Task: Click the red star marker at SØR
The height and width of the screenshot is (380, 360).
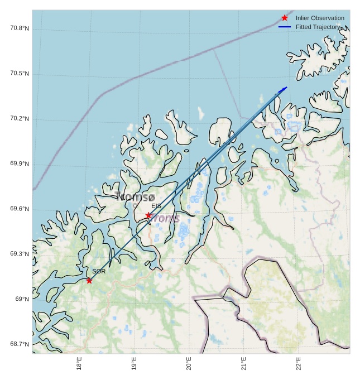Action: [x=89, y=280]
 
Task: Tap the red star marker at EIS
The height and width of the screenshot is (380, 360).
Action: [x=148, y=215]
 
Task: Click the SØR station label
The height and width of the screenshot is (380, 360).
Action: [x=99, y=271]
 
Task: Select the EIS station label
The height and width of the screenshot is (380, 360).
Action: [x=156, y=206]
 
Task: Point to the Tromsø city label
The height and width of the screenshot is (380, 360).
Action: [x=135, y=196]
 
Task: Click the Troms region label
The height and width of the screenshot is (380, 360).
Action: [x=164, y=218]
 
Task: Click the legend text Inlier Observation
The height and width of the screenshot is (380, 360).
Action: [x=320, y=18]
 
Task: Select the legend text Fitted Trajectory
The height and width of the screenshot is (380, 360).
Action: [x=318, y=27]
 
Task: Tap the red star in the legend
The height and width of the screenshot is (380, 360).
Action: [x=285, y=18]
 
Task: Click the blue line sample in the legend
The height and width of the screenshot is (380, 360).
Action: [x=285, y=27]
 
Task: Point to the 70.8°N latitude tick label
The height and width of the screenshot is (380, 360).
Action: [x=20, y=28]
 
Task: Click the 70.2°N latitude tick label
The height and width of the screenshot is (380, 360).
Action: [x=20, y=119]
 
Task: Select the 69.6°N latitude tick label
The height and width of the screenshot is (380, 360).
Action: [x=20, y=209]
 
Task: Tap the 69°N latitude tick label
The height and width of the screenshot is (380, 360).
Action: [x=22, y=300]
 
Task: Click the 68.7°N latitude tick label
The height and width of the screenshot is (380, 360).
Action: [x=20, y=344]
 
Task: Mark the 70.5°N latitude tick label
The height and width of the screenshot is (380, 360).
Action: [x=20, y=74]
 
